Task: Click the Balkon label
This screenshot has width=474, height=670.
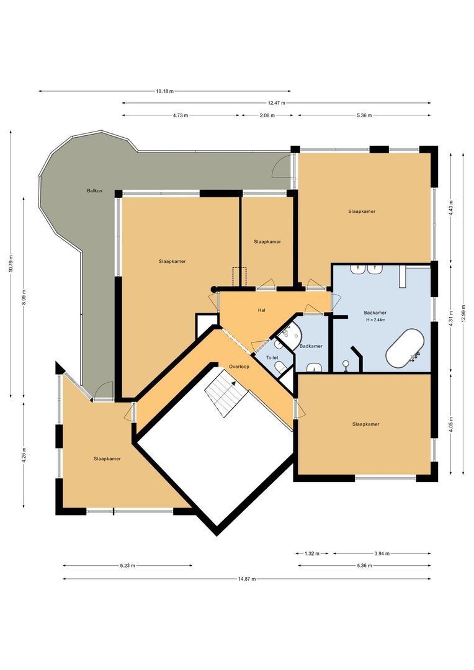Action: (x=94, y=190)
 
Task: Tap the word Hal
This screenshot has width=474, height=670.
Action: (x=262, y=310)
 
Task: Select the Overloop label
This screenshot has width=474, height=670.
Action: (x=239, y=365)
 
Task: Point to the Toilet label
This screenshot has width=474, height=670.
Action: (x=272, y=358)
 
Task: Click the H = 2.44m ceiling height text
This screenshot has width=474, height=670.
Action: (x=376, y=320)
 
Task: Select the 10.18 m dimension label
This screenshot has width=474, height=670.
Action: (x=164, y=91)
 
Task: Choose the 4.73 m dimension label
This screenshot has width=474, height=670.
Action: (x=181, y=115)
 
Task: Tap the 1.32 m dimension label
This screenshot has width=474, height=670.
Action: (x=312, y=553)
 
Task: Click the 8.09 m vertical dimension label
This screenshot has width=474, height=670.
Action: (x=24, y=298)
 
